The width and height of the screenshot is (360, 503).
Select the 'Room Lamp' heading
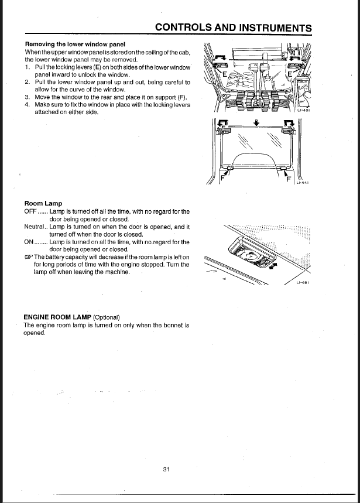click(43, 204)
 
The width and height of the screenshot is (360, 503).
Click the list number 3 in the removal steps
click(27, 97)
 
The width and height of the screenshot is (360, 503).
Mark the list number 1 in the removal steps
click(27, 67)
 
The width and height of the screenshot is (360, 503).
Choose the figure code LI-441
click(303, 182)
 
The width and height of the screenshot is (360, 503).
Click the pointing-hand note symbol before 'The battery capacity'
click(28, 257)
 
